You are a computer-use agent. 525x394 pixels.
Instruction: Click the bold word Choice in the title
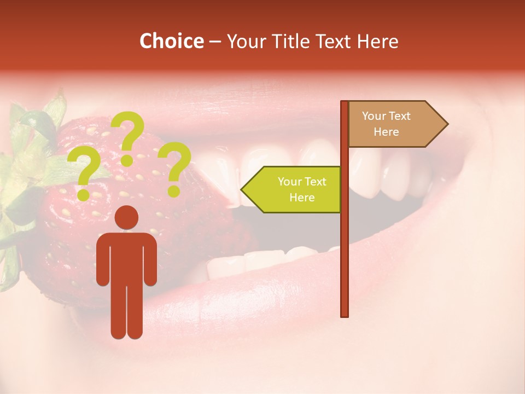point(171,42)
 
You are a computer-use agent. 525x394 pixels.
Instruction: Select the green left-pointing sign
point(293,189)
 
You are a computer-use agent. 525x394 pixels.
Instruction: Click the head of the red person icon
point(126,218)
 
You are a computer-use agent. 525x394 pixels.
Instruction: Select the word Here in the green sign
point(302,198)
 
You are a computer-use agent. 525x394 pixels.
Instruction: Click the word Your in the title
point(244,42)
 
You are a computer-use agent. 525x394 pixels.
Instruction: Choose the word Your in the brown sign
point(374,116)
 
